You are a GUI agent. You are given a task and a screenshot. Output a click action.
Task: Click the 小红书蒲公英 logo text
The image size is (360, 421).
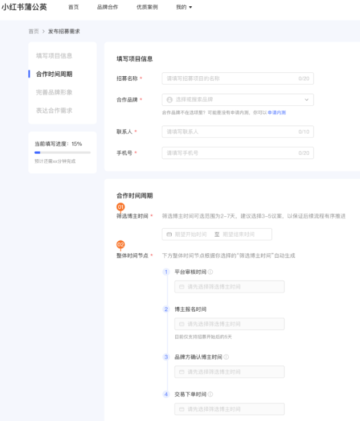click(x=25, y=7)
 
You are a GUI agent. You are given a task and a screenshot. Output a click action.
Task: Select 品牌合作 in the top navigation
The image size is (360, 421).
click(x=107, y=7)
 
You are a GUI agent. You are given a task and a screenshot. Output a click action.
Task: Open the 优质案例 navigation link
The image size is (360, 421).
click(x=147, y=7)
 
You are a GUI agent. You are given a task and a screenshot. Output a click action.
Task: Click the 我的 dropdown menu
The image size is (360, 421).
click(x=184, y=7)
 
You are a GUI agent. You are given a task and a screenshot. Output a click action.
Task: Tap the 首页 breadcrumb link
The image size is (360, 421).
click(x=34, y=31)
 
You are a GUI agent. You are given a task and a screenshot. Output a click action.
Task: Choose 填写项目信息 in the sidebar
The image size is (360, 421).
click(x=54, y=56)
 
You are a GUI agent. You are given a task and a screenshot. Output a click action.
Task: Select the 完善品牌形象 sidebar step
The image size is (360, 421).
click(x=54, y=92)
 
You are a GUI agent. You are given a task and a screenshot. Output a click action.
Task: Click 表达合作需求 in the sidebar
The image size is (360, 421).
click(x=54, y=110)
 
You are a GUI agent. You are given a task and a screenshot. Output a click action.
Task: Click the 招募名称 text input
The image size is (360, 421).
click(x=237, y=79)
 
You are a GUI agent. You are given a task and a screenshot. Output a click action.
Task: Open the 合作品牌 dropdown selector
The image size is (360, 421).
click(x=237, y=100)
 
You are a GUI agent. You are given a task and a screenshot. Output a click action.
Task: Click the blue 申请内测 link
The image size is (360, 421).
click(x=277, y=113)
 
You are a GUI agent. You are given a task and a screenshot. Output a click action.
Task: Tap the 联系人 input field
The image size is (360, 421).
click(x=237, y=131)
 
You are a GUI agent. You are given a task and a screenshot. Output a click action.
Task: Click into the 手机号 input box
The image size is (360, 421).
click(x=237, y=153)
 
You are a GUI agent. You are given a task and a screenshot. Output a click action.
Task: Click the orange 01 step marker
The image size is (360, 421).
click(x=121, y=207)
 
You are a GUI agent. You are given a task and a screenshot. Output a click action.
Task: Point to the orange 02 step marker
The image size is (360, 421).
click(x=121, y=244)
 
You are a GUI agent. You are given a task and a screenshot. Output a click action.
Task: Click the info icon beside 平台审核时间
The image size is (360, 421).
click(x=210, y=273)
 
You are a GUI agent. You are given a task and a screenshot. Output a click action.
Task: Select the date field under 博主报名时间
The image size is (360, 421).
click(x=229, y=324)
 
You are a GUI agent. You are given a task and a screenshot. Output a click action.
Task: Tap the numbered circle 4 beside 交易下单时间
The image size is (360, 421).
click(x=166, y=394)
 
